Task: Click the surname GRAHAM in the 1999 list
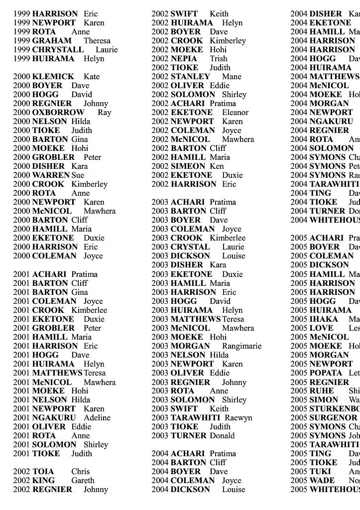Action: [52, 41]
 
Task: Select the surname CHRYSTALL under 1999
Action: [58, 50]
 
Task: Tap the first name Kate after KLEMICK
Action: [92, 77]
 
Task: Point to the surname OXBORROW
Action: [58, 113]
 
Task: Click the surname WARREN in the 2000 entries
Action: [51, 175]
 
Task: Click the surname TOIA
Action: [43, 472]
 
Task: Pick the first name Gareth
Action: [83, 481]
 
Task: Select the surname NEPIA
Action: [184, 59]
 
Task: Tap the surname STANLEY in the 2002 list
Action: [190, 77]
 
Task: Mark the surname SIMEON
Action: [188, 166]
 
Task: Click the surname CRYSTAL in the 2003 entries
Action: [190, 247]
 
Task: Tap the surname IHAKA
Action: [324, 319]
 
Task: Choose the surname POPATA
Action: [327, 373]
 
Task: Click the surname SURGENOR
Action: [333, 418]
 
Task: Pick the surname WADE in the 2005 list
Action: [322, 481]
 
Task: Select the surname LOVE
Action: [321, 328]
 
